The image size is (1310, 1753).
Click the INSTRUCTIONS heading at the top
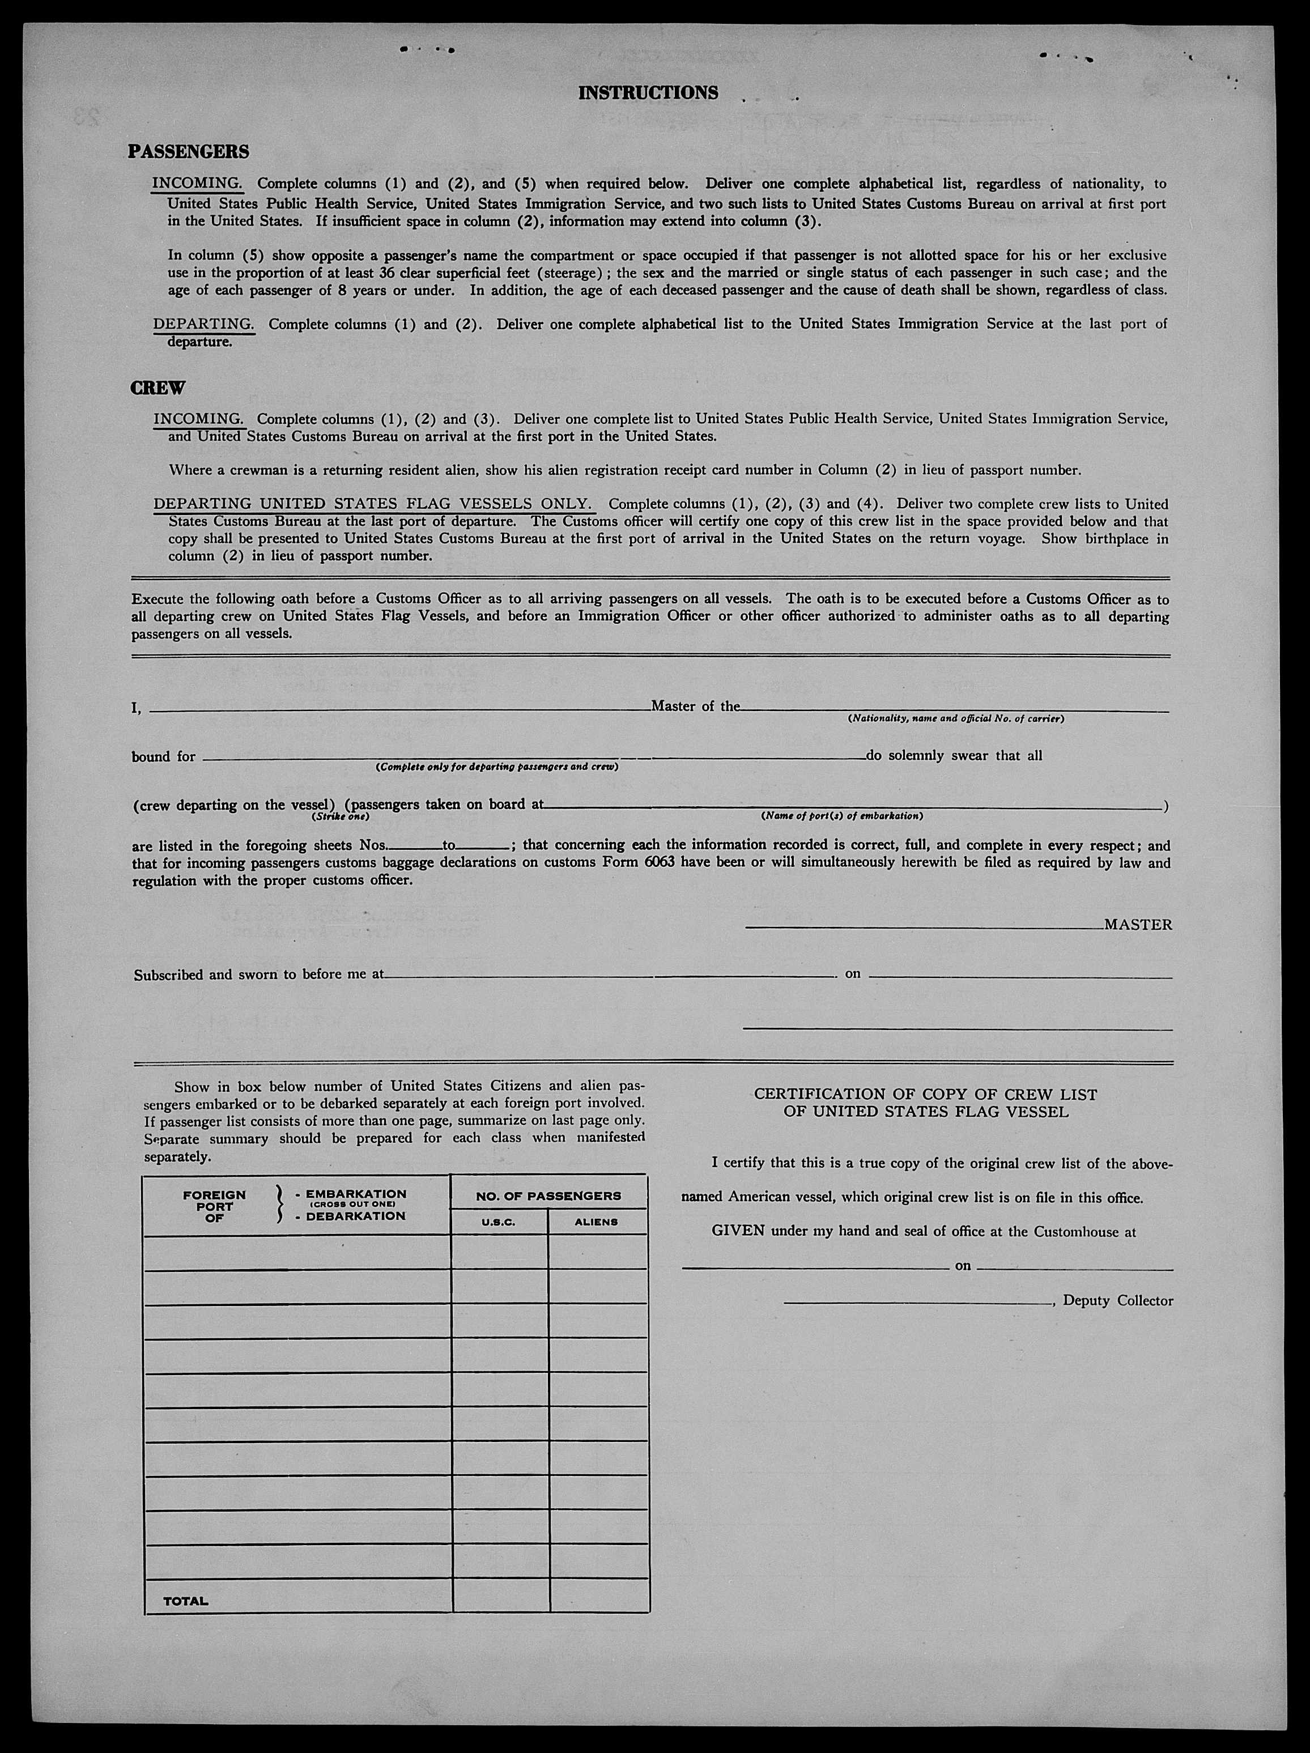coord(648,93)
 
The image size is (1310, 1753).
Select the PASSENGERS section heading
coord(189,151)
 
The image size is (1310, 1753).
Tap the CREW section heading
coord(157,388)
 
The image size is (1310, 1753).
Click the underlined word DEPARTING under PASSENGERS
coord(203,324)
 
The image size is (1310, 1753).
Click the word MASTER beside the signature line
coord(1138,925)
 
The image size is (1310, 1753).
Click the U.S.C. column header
coord(499,1222)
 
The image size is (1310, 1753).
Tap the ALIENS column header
coord(596,1222)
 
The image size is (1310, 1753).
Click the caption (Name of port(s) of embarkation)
coord(841,815)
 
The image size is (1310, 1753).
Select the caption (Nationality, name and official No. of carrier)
coord(955,719)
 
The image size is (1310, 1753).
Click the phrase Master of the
coord(695,706)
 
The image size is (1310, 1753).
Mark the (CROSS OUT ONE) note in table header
coord(356,1205)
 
